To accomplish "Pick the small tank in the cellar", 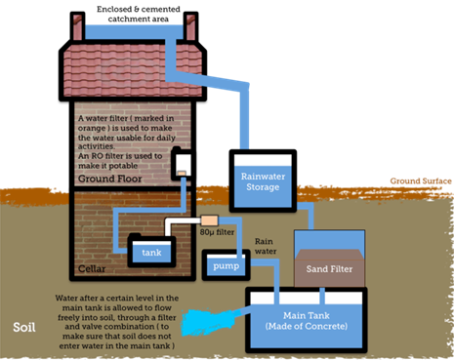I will (153, 252).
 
